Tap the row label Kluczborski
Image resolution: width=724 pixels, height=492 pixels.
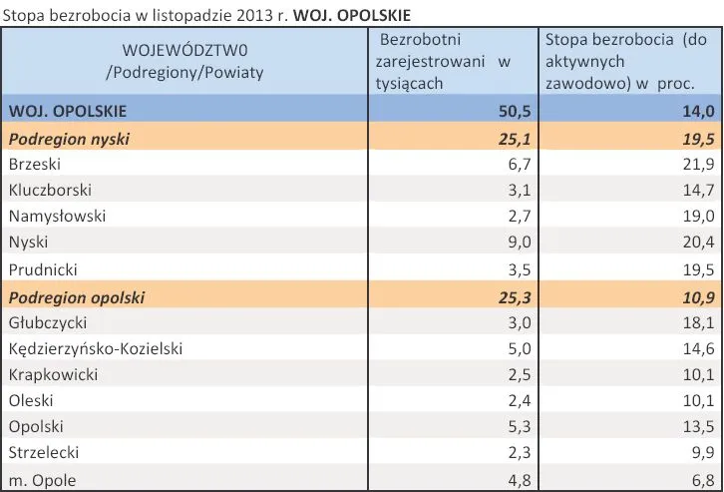(48, 190)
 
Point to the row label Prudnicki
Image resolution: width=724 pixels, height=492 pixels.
(41, 269)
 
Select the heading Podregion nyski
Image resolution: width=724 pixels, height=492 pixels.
(70, 139)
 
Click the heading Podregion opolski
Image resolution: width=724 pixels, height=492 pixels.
(77, 296)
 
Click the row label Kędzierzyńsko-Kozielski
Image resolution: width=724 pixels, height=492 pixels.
(95, 349)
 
